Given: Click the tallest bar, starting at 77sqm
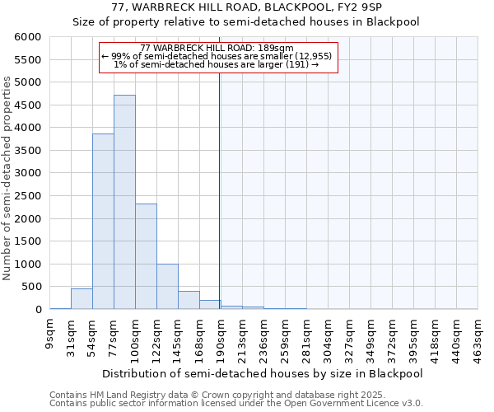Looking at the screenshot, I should point(124,202).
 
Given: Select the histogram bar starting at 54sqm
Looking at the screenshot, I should point(103,221).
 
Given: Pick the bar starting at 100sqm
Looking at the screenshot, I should point(146,256).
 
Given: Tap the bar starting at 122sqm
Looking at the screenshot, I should point(167,286).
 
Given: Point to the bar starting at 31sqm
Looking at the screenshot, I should point(82,299).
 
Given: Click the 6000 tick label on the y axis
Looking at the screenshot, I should point(28,37).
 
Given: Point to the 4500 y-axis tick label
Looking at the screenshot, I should point(28,105).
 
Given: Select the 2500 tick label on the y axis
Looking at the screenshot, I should point(28,196).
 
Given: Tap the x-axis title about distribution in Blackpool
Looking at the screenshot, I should point(264,373).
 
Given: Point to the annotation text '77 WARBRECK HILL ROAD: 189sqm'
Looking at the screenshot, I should point(217,48).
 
